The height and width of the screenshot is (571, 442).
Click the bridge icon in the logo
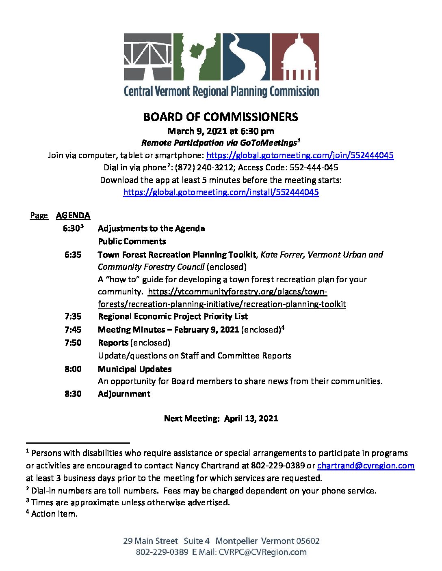point(148,57)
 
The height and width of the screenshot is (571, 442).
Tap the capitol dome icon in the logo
point(295,57)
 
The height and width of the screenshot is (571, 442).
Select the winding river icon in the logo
point(245,57)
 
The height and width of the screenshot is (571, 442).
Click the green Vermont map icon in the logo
point(197,57)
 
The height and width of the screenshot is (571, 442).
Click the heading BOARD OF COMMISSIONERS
point(221,117)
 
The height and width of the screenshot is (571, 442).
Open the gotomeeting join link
point(300,155)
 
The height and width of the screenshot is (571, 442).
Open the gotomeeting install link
point(221,192)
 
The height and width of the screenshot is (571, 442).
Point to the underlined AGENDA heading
point(73,215)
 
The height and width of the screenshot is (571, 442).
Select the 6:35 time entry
point(73,255)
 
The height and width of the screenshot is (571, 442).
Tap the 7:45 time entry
point(73,330)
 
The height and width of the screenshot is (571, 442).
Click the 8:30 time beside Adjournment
point(73,394)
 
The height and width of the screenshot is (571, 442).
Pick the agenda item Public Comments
point(132,241)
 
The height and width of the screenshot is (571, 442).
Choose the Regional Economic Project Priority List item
point(173,316)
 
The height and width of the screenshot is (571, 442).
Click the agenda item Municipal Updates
point(134,369)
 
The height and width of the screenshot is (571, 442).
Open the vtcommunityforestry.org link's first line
point(237,292)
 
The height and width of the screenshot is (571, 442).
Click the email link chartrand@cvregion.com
point(366,466)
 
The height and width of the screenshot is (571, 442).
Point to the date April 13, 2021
point(251,419)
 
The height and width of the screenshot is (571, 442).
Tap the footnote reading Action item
point(54,514)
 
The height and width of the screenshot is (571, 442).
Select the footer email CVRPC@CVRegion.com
point(262,552)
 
